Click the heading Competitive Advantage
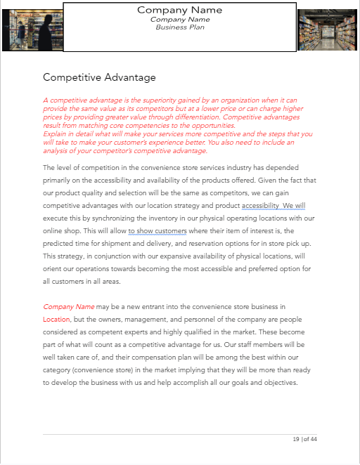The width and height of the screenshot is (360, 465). (x=99, y=77)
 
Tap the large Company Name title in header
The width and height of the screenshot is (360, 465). (x=179, y=10)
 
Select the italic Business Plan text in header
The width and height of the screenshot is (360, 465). (x=179, y=27)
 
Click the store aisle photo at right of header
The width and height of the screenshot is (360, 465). (x=327, y=30)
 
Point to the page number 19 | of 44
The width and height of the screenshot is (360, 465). (x=304, y=439)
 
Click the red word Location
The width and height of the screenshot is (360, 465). (x=56, y=319)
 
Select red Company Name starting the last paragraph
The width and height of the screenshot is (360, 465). (x=68, y=307)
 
